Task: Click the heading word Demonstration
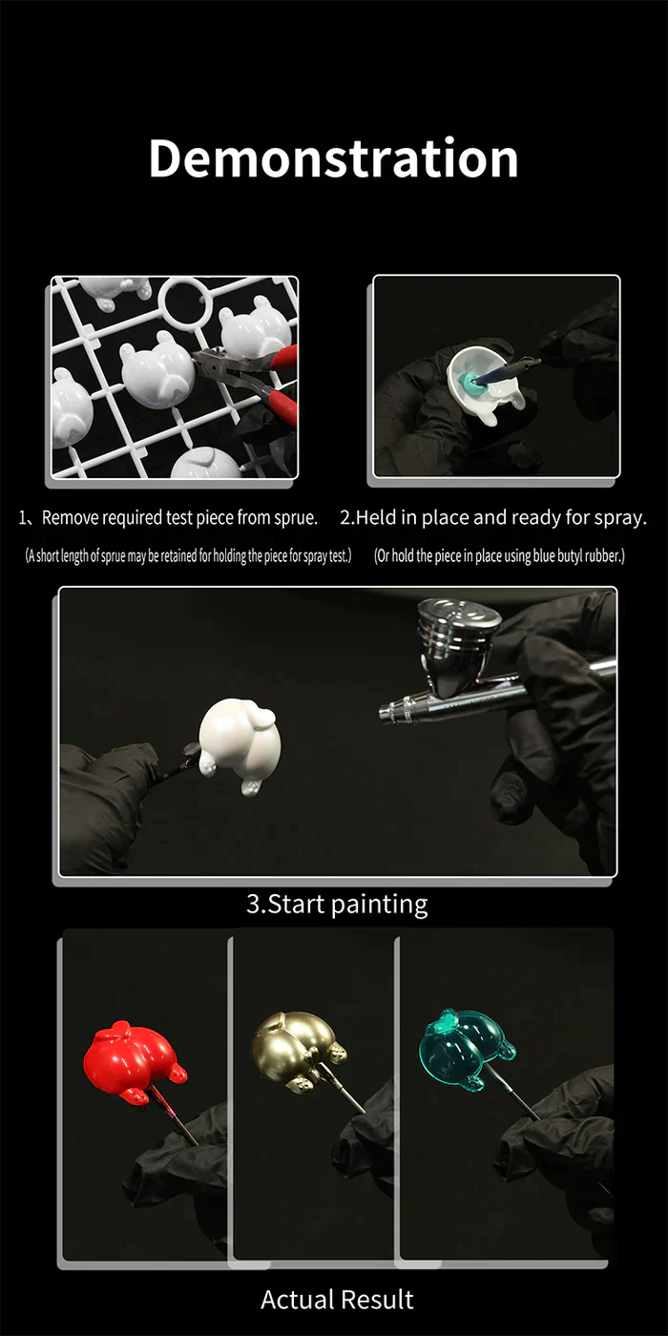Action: pos(333,158)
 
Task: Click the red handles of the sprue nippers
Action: pos(277,382)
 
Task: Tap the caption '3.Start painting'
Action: pos(337,904)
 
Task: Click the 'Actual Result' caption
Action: pos(337,1299)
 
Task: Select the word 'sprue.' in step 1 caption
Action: pos(294,518)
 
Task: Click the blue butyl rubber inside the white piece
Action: pos(471,382)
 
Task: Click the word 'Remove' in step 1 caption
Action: pos(69,518)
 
